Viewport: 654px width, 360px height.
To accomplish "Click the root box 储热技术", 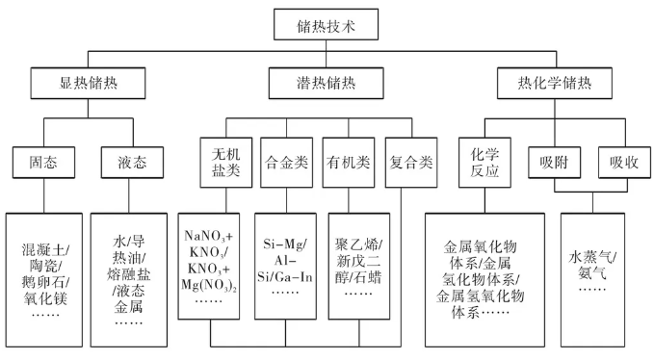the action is pyautogui.click(x=326, y=25).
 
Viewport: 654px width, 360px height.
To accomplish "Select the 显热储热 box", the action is pyautogui.click(x=88, y=84).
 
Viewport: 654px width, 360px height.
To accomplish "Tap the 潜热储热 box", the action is pyautogui.click(x=326, y=84).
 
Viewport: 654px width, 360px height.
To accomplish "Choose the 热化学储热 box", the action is pyautogui.click(x=555, y=84).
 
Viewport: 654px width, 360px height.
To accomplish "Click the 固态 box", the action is pyautogui.click(x=43, y=163).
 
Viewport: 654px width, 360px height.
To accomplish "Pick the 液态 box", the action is pyautogui.click(x=132, y=163).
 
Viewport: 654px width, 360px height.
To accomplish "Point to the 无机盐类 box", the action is pyautogui.click(x=226, y=163).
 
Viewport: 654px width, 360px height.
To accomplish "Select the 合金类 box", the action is pyautogui.click(x=286, y=163).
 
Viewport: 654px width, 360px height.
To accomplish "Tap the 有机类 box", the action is pyautogui.click(x=349, y=163).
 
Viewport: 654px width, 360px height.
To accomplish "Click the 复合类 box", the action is pyautogui.click(x=411, y=163).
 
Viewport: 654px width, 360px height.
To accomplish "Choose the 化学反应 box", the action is pyautogui.click(x=484, y=163).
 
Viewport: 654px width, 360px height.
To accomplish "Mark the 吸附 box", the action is pyautogui.click(x=555, y=163).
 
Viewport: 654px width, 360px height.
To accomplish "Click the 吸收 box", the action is pyautogui.click(x=624, y=163).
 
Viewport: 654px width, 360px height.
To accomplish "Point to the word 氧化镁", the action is pyautogui.click(x=45, y=298).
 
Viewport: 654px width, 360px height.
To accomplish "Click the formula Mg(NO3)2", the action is pyautogui.click(x=209, y=285).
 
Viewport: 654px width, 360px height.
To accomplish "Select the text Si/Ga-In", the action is pyautogui.click(x=285, y=277).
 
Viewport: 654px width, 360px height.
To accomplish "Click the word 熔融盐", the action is pyautogui.click(x=128, y=273).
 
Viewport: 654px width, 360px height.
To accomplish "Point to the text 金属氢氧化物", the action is pyautogui.click(x=480, y=296).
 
